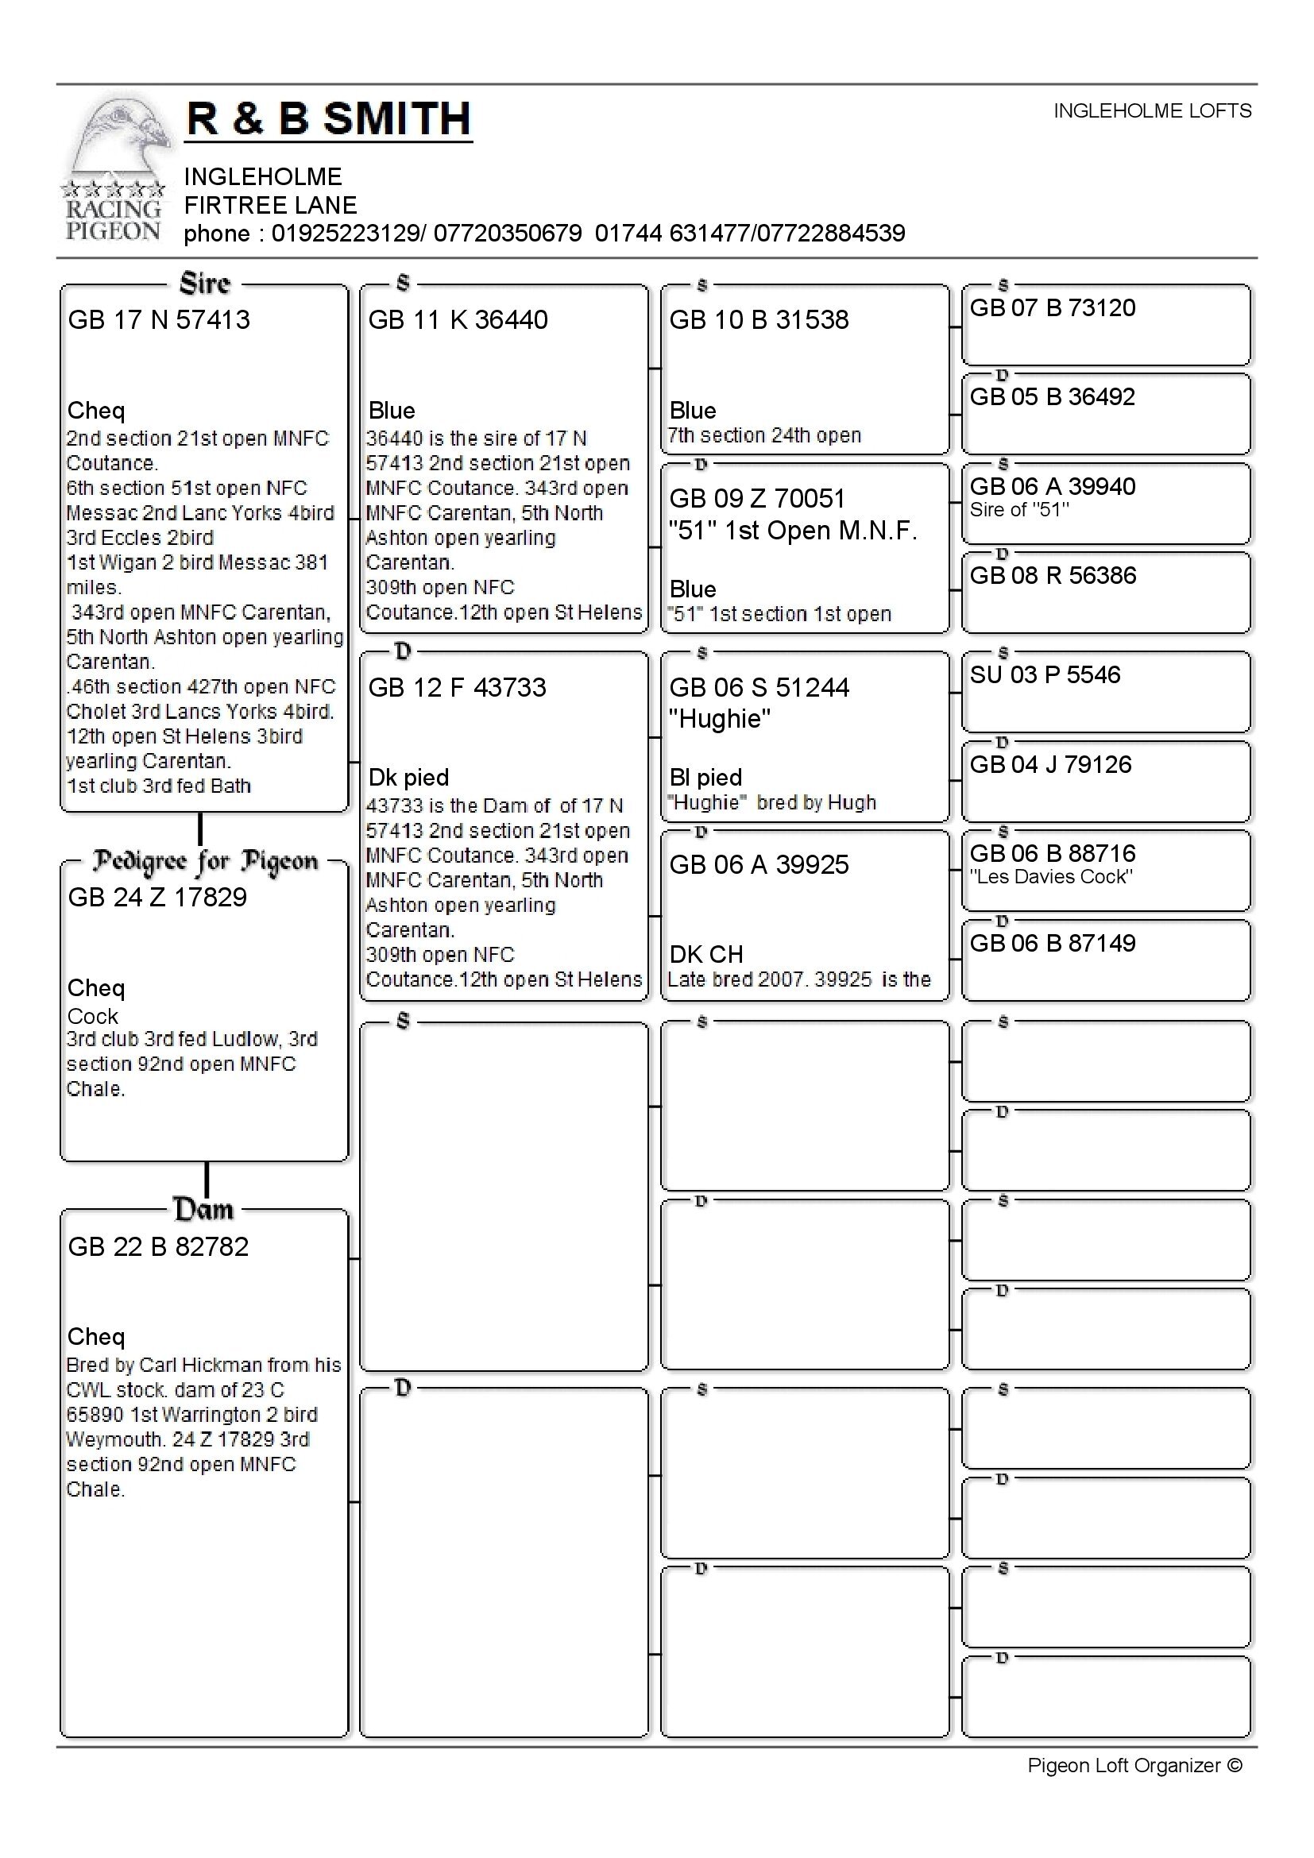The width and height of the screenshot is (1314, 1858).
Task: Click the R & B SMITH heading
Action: point(329,119)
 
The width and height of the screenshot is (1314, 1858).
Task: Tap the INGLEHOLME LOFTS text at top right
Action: point(1151,111)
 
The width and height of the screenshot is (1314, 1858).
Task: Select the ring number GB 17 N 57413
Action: point(159,319)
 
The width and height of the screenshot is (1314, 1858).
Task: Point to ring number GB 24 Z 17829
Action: point(157,897)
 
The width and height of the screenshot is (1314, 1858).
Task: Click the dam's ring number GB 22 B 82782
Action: point(158,1246)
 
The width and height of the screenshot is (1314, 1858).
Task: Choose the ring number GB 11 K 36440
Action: point(458,319)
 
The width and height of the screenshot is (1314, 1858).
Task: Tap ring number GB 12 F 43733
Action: point(457,687)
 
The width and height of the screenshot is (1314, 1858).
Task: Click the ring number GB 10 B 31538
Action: point(759,319)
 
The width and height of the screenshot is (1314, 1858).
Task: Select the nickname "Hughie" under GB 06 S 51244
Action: point(720,719)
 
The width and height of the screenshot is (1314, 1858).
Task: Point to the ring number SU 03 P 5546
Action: point(1045,674)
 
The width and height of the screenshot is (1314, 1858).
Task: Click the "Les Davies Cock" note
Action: point(1051,876)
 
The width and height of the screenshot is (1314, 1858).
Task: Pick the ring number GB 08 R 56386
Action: point(1053,575)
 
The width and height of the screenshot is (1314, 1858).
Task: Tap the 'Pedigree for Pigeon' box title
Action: point(205,862)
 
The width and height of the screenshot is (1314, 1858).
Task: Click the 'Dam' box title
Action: point(204,1209)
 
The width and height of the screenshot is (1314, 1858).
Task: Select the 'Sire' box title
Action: point(205,284)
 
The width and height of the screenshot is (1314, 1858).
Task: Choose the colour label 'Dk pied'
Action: point(408,777)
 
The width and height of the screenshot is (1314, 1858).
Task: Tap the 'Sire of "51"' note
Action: point(1019,510)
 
